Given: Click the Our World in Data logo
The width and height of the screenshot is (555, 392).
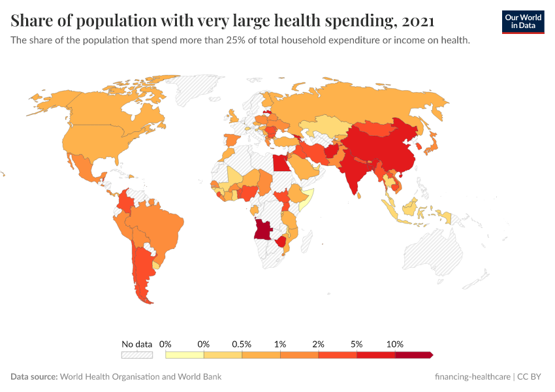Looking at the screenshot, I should pyautogui.click(x=522, y=22).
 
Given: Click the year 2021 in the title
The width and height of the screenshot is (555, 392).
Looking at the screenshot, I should pyautogui.click(x=419, y=22).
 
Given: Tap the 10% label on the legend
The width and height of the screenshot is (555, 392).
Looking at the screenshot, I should pyautogui.click(x=395, y=344).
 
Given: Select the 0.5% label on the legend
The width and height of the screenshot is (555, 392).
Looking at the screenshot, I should pyautogui.click(x=242, y=344).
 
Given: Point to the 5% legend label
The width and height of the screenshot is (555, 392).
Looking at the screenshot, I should pyautogui.click(x=357, y=344).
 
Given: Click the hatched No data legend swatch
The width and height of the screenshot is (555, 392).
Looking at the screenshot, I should pyautogui.click(x=136, y=355).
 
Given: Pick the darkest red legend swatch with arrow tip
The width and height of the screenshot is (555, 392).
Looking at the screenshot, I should pyautogui.click(x=413, y=355).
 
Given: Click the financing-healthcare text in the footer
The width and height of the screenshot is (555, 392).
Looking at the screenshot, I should pyautogui.click(x=472, y=377).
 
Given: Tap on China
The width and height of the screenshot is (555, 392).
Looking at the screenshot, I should pyautogui.click(x=379, y=147).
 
